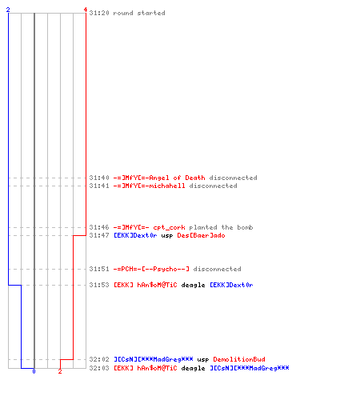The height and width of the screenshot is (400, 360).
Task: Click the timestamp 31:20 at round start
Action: [99, 13]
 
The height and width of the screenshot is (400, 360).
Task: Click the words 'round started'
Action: [139, 13]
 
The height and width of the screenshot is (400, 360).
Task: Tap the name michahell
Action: [167, 186]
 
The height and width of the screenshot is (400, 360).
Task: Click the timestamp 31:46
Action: [99, 227]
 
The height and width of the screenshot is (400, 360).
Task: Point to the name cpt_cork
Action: [169, 228]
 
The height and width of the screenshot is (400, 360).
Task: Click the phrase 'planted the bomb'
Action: [221, 227]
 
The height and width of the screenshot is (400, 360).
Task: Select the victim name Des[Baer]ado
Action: [201, 235]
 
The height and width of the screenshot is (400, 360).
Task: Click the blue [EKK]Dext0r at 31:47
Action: [135, 235]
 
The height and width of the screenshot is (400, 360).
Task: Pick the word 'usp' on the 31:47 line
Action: [167, 236]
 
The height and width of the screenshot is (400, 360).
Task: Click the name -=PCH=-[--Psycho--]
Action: [151, 269]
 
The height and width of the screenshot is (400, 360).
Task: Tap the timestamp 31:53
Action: [99, 285]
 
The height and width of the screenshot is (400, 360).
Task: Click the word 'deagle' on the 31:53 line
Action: [193, 286]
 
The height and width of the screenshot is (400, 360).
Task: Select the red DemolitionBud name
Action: [239, 359]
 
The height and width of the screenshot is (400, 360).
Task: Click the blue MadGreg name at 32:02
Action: [154, 359]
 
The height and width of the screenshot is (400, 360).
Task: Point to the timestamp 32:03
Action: [99, 368]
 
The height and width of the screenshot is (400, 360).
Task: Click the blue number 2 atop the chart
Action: [8, 10]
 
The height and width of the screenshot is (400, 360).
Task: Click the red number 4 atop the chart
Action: [86, 10]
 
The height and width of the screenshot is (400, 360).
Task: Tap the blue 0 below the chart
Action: [34, 371]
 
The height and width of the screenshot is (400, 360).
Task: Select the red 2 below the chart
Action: [60, 371]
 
